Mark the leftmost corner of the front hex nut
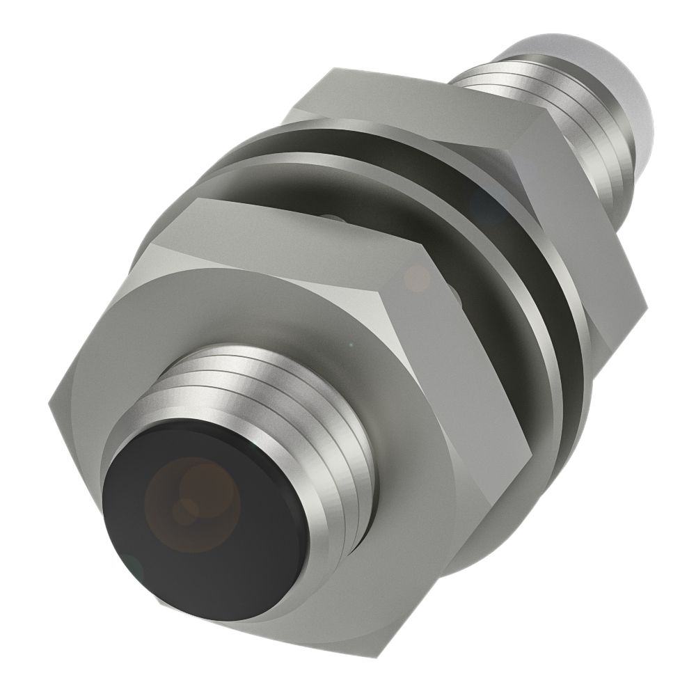coord(50,404)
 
